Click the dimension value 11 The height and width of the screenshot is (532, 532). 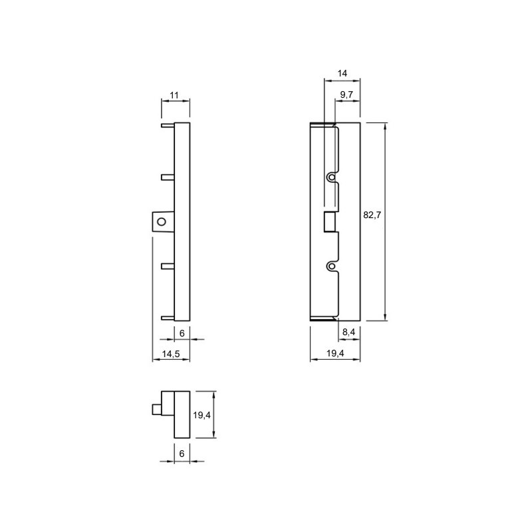click(x=174, y=95)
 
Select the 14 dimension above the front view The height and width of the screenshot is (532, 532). click(x=342, y=73)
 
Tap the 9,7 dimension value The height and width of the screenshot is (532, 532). click(x=346, y=94)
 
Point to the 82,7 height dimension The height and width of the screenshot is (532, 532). click(x=372, y=215)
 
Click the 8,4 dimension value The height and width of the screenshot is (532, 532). click(x=348, y=332)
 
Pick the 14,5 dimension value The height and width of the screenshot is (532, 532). click(x=171, y=354)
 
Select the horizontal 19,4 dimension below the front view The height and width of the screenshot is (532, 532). click(x=335, y=353)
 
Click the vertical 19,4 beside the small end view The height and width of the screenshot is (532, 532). click(x=202, y=415)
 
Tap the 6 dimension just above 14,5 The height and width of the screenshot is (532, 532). click(x=182, y=334)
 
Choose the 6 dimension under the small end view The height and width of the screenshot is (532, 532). click(x=182, y=454)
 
